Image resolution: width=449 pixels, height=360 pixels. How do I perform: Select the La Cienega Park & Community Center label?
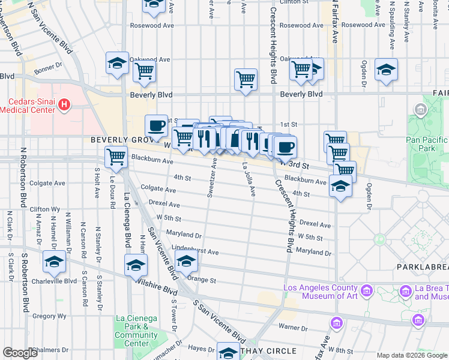click(x=136, y=331)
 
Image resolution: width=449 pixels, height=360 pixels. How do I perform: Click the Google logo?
click(x=20, y=353)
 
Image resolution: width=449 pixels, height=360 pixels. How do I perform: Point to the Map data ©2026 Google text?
click(x=411, y=355)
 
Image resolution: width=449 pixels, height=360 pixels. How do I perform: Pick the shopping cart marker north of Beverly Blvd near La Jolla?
click(x=246, y=79)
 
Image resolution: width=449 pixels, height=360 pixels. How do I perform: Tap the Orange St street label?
click(x=202, y=280)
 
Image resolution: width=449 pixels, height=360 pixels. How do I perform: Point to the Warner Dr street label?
click(x=297, y=328)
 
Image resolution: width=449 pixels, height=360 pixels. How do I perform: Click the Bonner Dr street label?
click(x=48, y=70)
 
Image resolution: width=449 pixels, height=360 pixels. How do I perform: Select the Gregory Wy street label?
click(x=44, y=316)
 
